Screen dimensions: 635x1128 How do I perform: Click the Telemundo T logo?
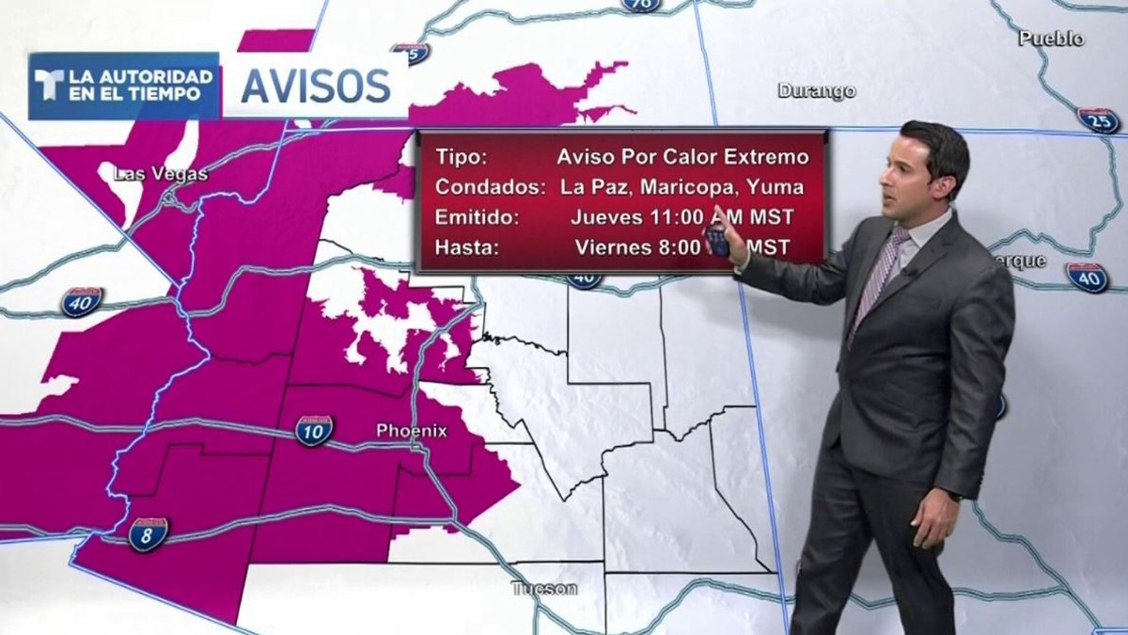[x=49, y=86]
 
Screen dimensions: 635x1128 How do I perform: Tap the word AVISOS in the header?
[x=315, y=86]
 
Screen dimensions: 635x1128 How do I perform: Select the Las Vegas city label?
[x=160, y=174]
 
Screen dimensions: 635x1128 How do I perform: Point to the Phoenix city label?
[x=412, y=431]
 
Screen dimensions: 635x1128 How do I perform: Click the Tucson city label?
[x=544, y=589]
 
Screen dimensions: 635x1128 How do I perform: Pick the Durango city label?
[x=816, y=91]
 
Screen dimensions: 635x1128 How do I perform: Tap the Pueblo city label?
[x=1051, y=39]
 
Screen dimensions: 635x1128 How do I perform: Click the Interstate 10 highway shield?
[x=313, y=430]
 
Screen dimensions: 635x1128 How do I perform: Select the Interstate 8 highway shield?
[x=149, y=533]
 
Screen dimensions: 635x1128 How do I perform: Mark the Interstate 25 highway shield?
[x=1098, y=120]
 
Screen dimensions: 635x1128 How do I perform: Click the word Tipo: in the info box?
[x=461, y=156]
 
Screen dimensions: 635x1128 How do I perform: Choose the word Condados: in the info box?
[x=490, y=186]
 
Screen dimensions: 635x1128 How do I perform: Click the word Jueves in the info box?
[x=604, y=217]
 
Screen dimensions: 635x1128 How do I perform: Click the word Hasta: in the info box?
[x=467, y=248]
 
